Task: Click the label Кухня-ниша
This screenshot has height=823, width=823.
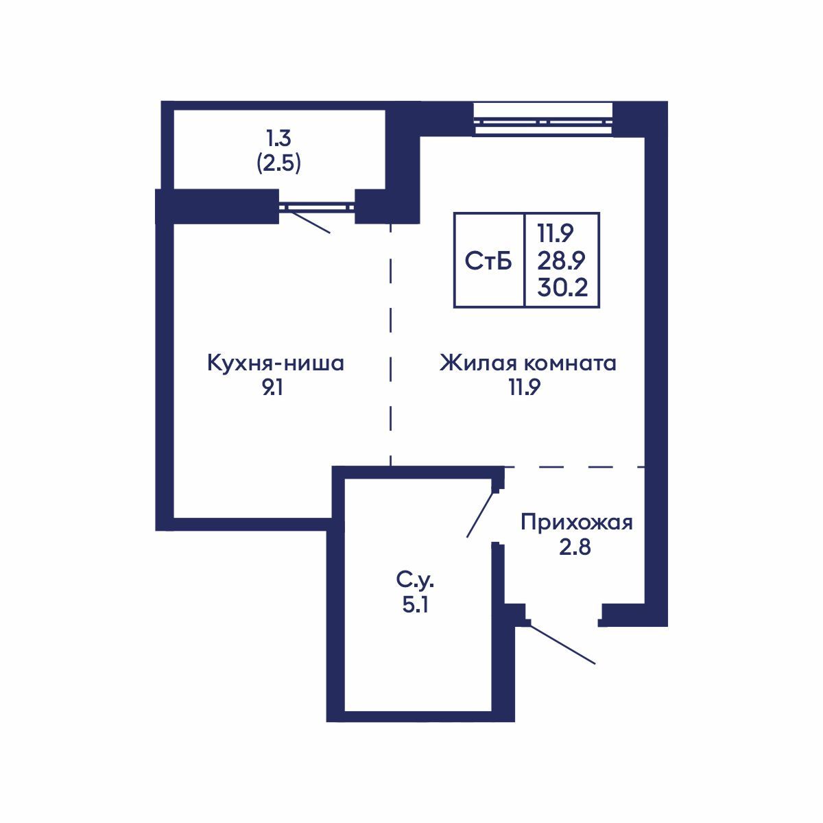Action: tap(275, 363)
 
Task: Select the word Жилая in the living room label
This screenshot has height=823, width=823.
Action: tap(473, 363)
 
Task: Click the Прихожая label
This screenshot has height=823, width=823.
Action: tap(576, 523)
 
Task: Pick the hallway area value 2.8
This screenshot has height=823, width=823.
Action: tap(575, 548)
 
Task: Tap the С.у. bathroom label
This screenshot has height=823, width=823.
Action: tap(416, 582)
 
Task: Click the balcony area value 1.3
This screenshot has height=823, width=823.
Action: tap(278, 139)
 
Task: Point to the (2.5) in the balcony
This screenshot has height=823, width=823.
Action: tap(278, 164)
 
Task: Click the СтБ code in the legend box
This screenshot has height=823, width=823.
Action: tap(488, 261)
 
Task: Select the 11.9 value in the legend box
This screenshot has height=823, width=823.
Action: tap(556, 234)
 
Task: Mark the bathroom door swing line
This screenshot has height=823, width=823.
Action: tap(480, 513)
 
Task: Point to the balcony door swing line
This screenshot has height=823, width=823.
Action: tap(309, 222)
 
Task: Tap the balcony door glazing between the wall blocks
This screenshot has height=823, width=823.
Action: tap(316, 205)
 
